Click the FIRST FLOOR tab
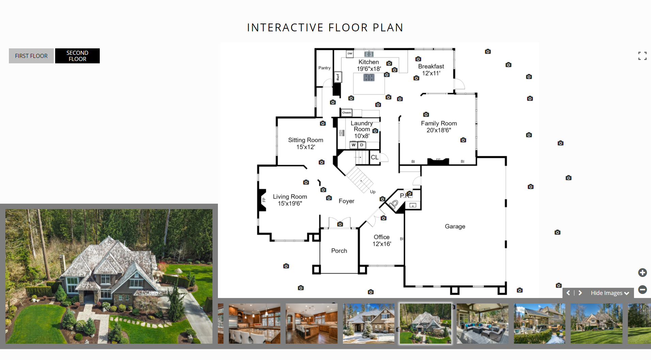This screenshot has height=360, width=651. (x=31, y=56)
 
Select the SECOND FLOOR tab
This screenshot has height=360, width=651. (x=77, y=56)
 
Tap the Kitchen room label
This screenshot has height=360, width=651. (x=369, y=65)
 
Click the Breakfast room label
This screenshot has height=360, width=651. (x=431, y=70)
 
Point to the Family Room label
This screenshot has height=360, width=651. (x=439, y=127)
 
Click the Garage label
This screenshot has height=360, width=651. (x=455, y=226)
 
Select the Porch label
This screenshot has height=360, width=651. (x=339, y=251)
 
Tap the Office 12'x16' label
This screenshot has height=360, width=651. (x=382, y=240)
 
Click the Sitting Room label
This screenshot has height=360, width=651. (x=305, y=143)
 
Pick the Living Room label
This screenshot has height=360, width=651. (x=290, y=200)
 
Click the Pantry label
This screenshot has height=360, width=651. (x=324, y=68)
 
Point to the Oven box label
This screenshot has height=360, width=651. (x=347, y=112)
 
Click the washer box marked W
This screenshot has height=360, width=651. (x=354, y=145)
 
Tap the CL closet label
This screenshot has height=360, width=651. (x=375, y=157)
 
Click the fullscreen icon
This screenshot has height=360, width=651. (x=642, y=56)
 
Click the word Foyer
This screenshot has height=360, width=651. (x=347, y=201)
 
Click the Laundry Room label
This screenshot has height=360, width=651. (x=362, y=129)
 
